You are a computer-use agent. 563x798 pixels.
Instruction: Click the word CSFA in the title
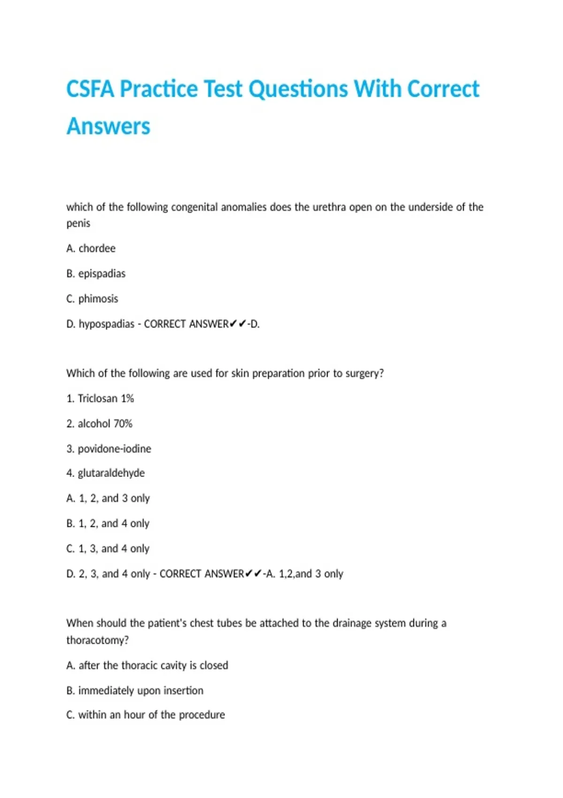point(90,89)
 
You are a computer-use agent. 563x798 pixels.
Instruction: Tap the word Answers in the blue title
point(108,126)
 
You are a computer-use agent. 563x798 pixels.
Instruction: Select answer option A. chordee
point(91,248)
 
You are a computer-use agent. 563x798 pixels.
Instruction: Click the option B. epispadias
point(96,274)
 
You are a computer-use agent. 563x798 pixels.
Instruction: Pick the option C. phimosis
point(92,299)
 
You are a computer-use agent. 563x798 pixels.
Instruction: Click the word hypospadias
point(107,324)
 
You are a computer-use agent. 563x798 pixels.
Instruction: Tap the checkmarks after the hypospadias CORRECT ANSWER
point(238,324)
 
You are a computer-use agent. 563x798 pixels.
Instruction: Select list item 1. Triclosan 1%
point(100,399)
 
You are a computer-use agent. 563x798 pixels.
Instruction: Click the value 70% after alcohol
point(123,424)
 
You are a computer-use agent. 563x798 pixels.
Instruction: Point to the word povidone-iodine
point(114,449)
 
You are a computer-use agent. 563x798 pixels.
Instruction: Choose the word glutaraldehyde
point(111,473)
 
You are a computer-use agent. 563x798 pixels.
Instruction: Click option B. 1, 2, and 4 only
point(108,523)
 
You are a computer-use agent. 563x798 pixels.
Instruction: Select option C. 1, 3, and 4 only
point(108,549)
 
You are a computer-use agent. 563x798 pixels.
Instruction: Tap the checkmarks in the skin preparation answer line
point(253,574)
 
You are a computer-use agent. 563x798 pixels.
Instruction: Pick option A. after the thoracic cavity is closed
point(147,665)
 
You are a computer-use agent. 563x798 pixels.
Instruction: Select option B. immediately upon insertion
point(135,691)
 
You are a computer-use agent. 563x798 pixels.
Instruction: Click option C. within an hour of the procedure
point(146,715)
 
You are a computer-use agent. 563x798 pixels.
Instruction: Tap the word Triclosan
point(98,399)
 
